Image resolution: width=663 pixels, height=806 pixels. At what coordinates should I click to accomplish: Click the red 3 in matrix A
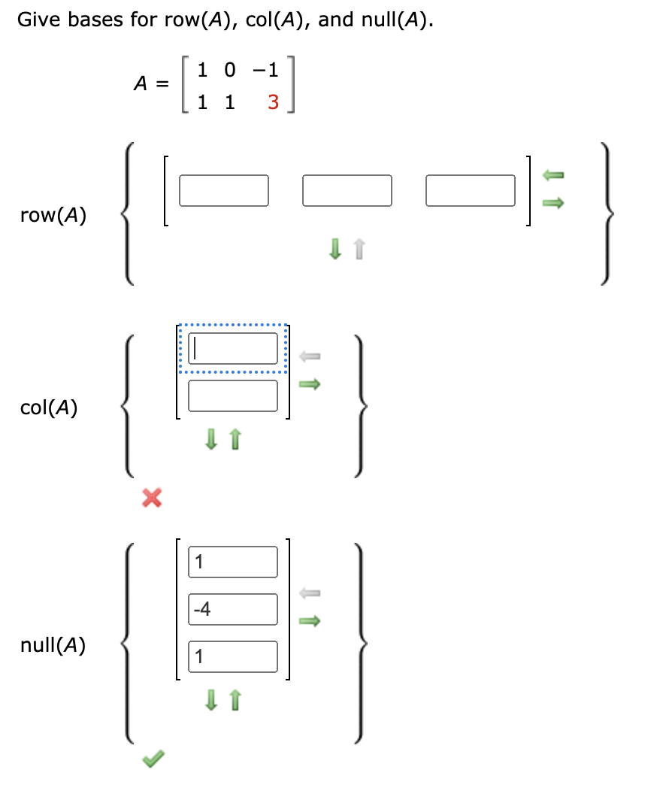(272, 102)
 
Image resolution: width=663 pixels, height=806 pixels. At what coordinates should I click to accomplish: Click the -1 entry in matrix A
(264, 71)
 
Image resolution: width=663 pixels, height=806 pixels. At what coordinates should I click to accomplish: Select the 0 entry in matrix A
(229, 71)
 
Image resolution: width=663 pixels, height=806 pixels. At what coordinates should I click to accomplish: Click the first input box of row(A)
(224, 190)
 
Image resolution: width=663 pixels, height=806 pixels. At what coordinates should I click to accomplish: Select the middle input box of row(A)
(347, 190)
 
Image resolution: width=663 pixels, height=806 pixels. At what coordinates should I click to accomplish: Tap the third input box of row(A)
(471, 190)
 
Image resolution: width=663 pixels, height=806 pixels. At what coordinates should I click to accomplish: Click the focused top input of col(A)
(233, 348)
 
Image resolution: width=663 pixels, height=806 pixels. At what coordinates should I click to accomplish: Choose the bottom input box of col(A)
(233, 395)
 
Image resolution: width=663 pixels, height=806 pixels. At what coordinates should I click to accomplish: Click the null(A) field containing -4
(233, 609)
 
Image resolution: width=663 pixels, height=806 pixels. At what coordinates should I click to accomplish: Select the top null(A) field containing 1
(233, 562)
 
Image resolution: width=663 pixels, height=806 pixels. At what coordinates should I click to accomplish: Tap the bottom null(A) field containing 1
(233, 656)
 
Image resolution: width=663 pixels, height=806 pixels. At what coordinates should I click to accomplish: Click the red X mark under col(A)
(152, 497)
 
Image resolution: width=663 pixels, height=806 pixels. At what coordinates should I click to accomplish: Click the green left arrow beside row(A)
(553, 175)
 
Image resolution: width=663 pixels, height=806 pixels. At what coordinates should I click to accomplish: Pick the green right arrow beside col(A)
(310, 385)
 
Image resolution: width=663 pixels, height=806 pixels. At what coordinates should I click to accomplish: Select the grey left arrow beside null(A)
(310, 593)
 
